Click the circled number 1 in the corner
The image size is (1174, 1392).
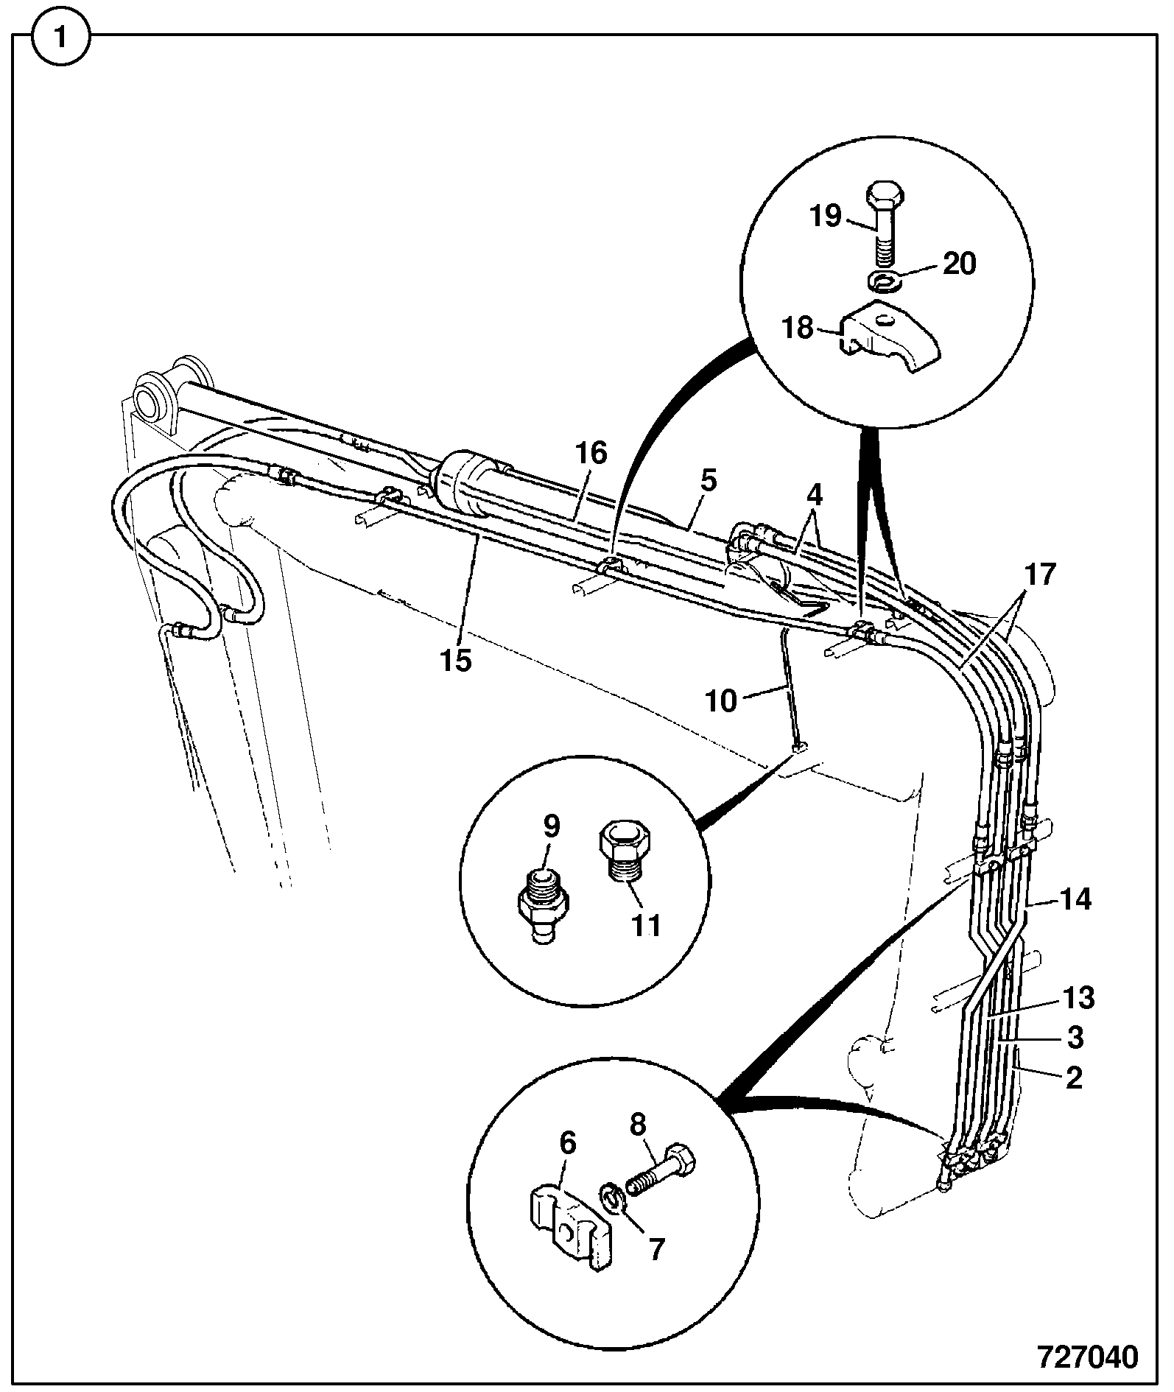coord(60,37)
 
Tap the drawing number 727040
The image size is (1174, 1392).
coord(1088,1356)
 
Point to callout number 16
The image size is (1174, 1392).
coord(591,453)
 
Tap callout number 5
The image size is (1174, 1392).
coord(708,480)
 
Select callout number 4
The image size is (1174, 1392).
coord(814,493)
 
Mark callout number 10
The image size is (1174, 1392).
coord(721,701)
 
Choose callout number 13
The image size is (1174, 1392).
coord(1079,998)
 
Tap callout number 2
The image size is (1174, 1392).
coord(1075,1078)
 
